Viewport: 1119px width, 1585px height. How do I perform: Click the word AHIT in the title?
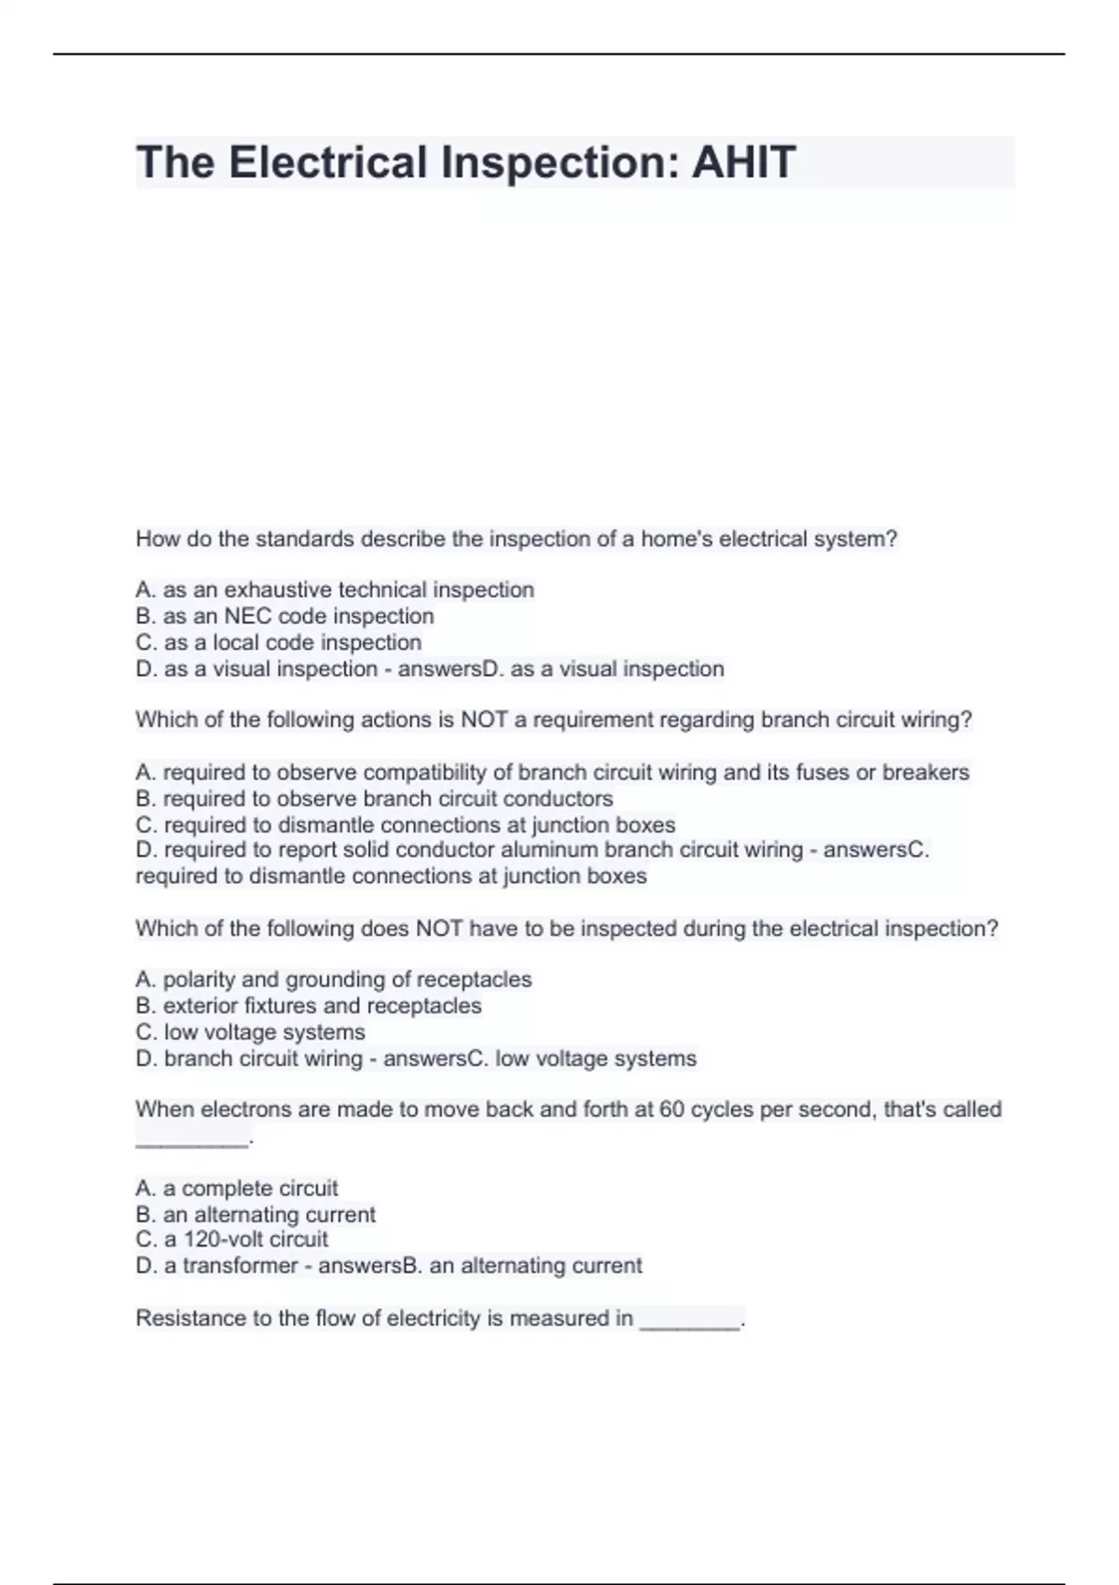pyautogui.click(x=743, y=162)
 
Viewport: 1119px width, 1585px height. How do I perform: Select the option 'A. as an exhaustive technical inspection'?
pyautogui.click(x=335, y=590)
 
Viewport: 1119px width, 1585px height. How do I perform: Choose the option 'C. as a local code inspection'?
pyautogui.click(x=279, y=642)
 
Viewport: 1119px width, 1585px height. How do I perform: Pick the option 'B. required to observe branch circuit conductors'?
pyautogui.click(x=374, y=799)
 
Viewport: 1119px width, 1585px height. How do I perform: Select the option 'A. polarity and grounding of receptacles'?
pyautogui.click(x=333, y=980)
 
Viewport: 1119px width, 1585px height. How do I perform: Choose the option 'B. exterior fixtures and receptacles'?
pyautogui.click(x=309, y=1006)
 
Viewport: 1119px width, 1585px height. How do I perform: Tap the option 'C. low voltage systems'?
pyautogui.click(x=250, y=1032)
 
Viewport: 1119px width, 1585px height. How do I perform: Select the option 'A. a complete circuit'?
pyautogui.click(x=237, y=1189)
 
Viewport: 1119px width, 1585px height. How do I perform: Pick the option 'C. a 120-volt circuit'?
pyautogui.click(x=231, y=1239)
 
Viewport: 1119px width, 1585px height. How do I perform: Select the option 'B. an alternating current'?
pyautogui.click(x=256, y=1215)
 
